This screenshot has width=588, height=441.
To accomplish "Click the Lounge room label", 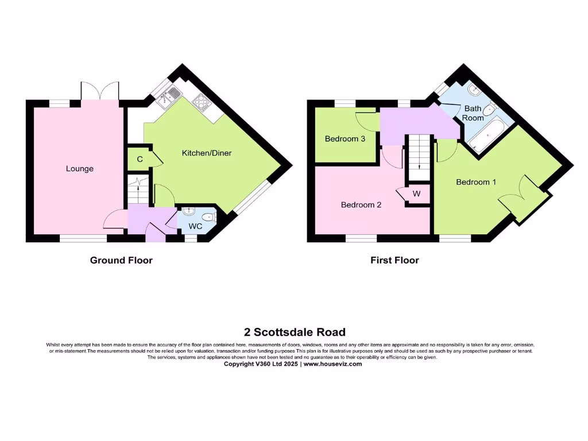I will [80, 169].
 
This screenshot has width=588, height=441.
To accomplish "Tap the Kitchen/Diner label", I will [207, 153].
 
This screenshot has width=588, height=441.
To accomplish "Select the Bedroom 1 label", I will [476, 182].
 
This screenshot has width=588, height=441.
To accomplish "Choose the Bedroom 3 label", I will [345, 138].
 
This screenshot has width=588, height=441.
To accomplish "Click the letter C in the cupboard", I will [140, 159].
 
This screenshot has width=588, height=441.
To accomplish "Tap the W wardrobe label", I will [417, 194].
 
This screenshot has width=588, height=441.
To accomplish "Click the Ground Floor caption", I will [121, 260].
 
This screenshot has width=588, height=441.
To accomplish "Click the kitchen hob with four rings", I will [202, 102].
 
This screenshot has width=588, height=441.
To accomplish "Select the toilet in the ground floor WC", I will [212, 217].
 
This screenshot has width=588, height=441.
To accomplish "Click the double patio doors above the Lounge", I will [100, 91].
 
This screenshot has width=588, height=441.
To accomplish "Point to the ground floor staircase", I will [138, 190].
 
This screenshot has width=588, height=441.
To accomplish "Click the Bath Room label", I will [474, 113].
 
